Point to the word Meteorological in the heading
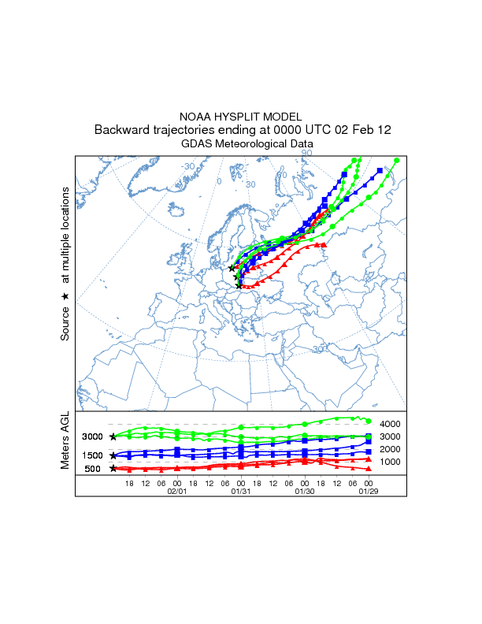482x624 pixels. tap(251, 144)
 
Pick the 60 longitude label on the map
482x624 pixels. tap(281, 175)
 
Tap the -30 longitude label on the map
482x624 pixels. tap(189, 167)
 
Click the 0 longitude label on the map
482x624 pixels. tap(220, 182)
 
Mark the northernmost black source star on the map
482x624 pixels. tap(232, 268)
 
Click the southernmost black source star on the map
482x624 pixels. tap(239, 285)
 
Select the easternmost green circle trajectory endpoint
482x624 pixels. tap(396, 161)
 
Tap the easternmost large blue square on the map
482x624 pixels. tap(380, 170)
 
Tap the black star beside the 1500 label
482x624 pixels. tap(113, 455)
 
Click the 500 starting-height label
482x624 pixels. tap(93, 469)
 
